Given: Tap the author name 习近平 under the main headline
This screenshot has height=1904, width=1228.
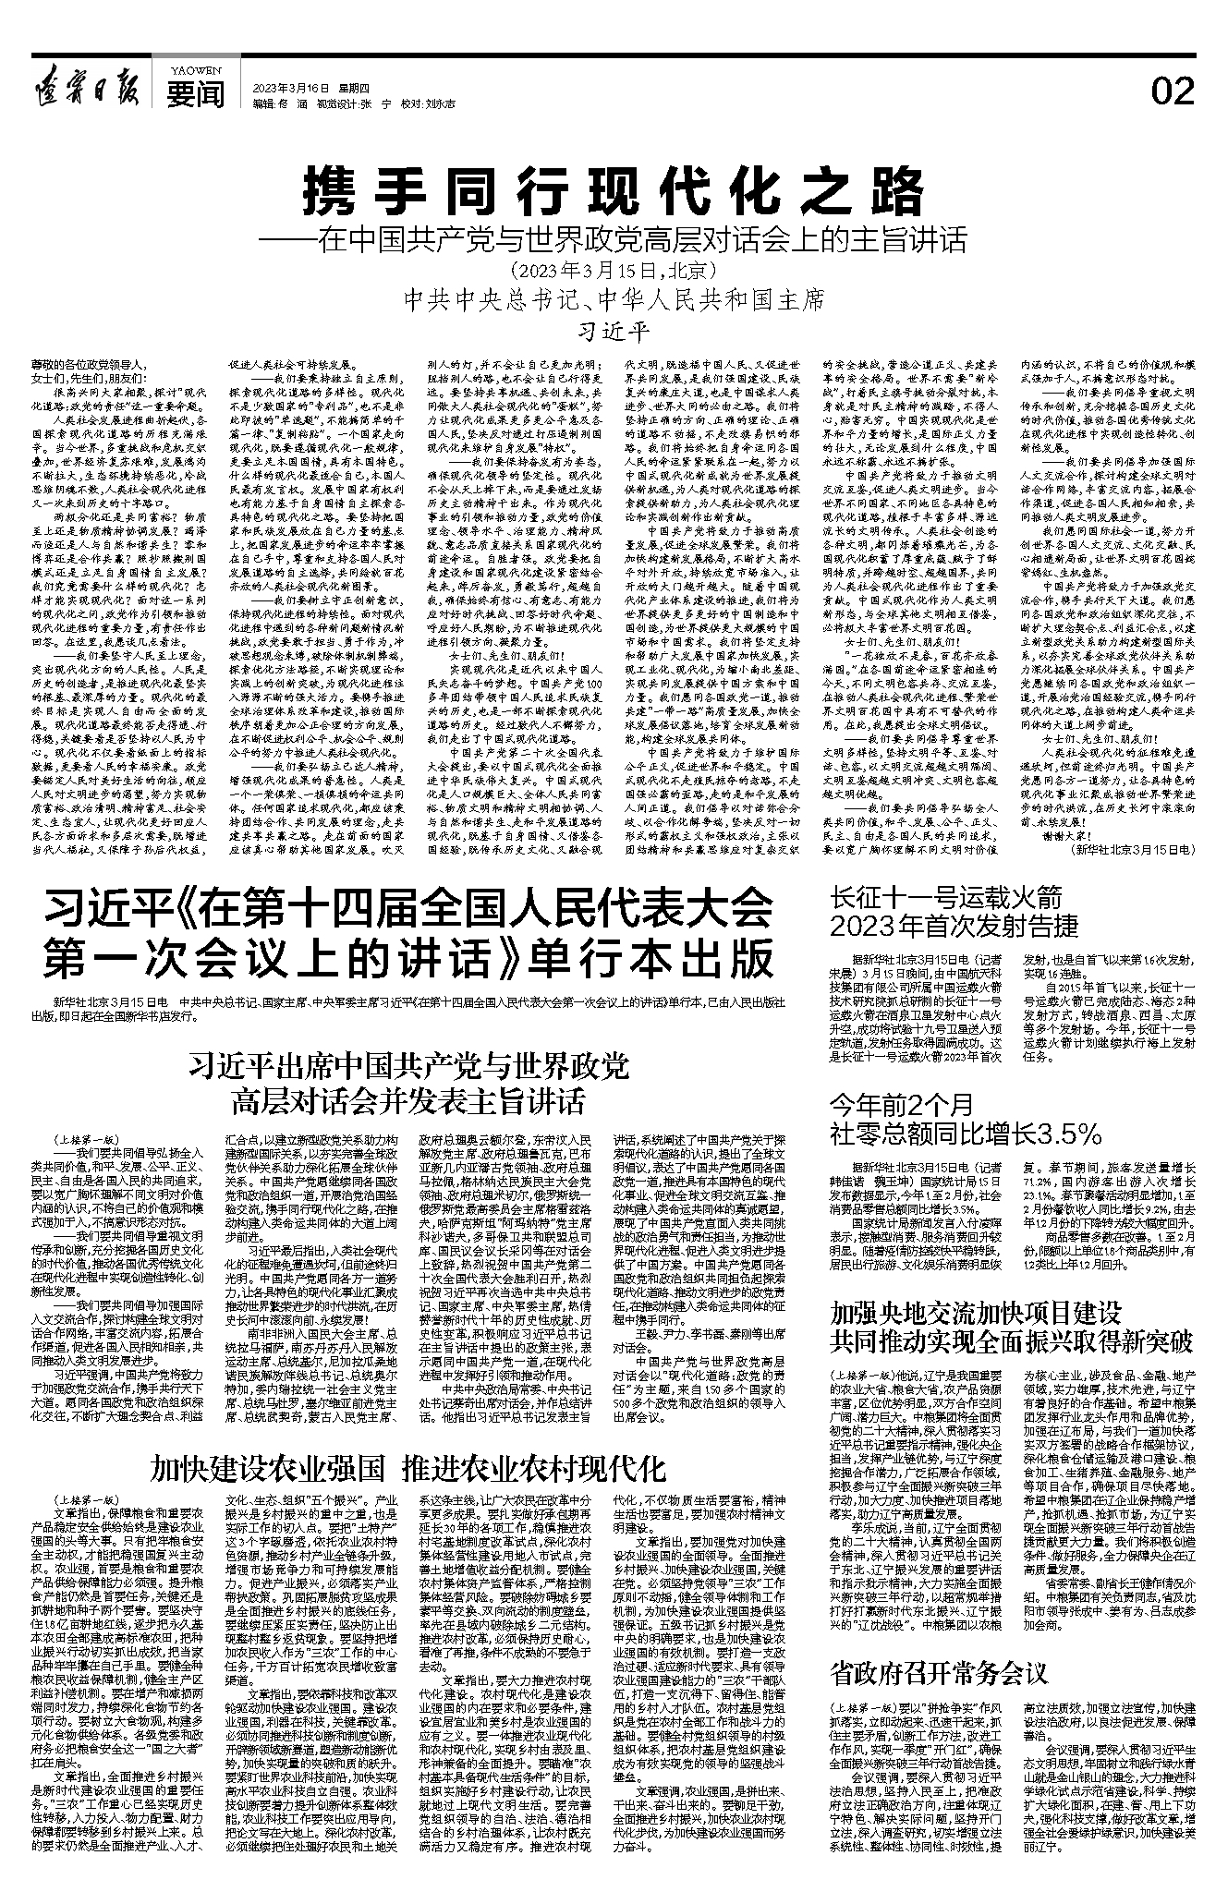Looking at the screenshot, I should click(x=614, y=330).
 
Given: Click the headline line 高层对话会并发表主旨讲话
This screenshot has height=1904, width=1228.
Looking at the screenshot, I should click(x=408, y=1101).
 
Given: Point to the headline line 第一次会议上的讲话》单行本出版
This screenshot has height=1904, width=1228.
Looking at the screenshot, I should click(x=407, y=958).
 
